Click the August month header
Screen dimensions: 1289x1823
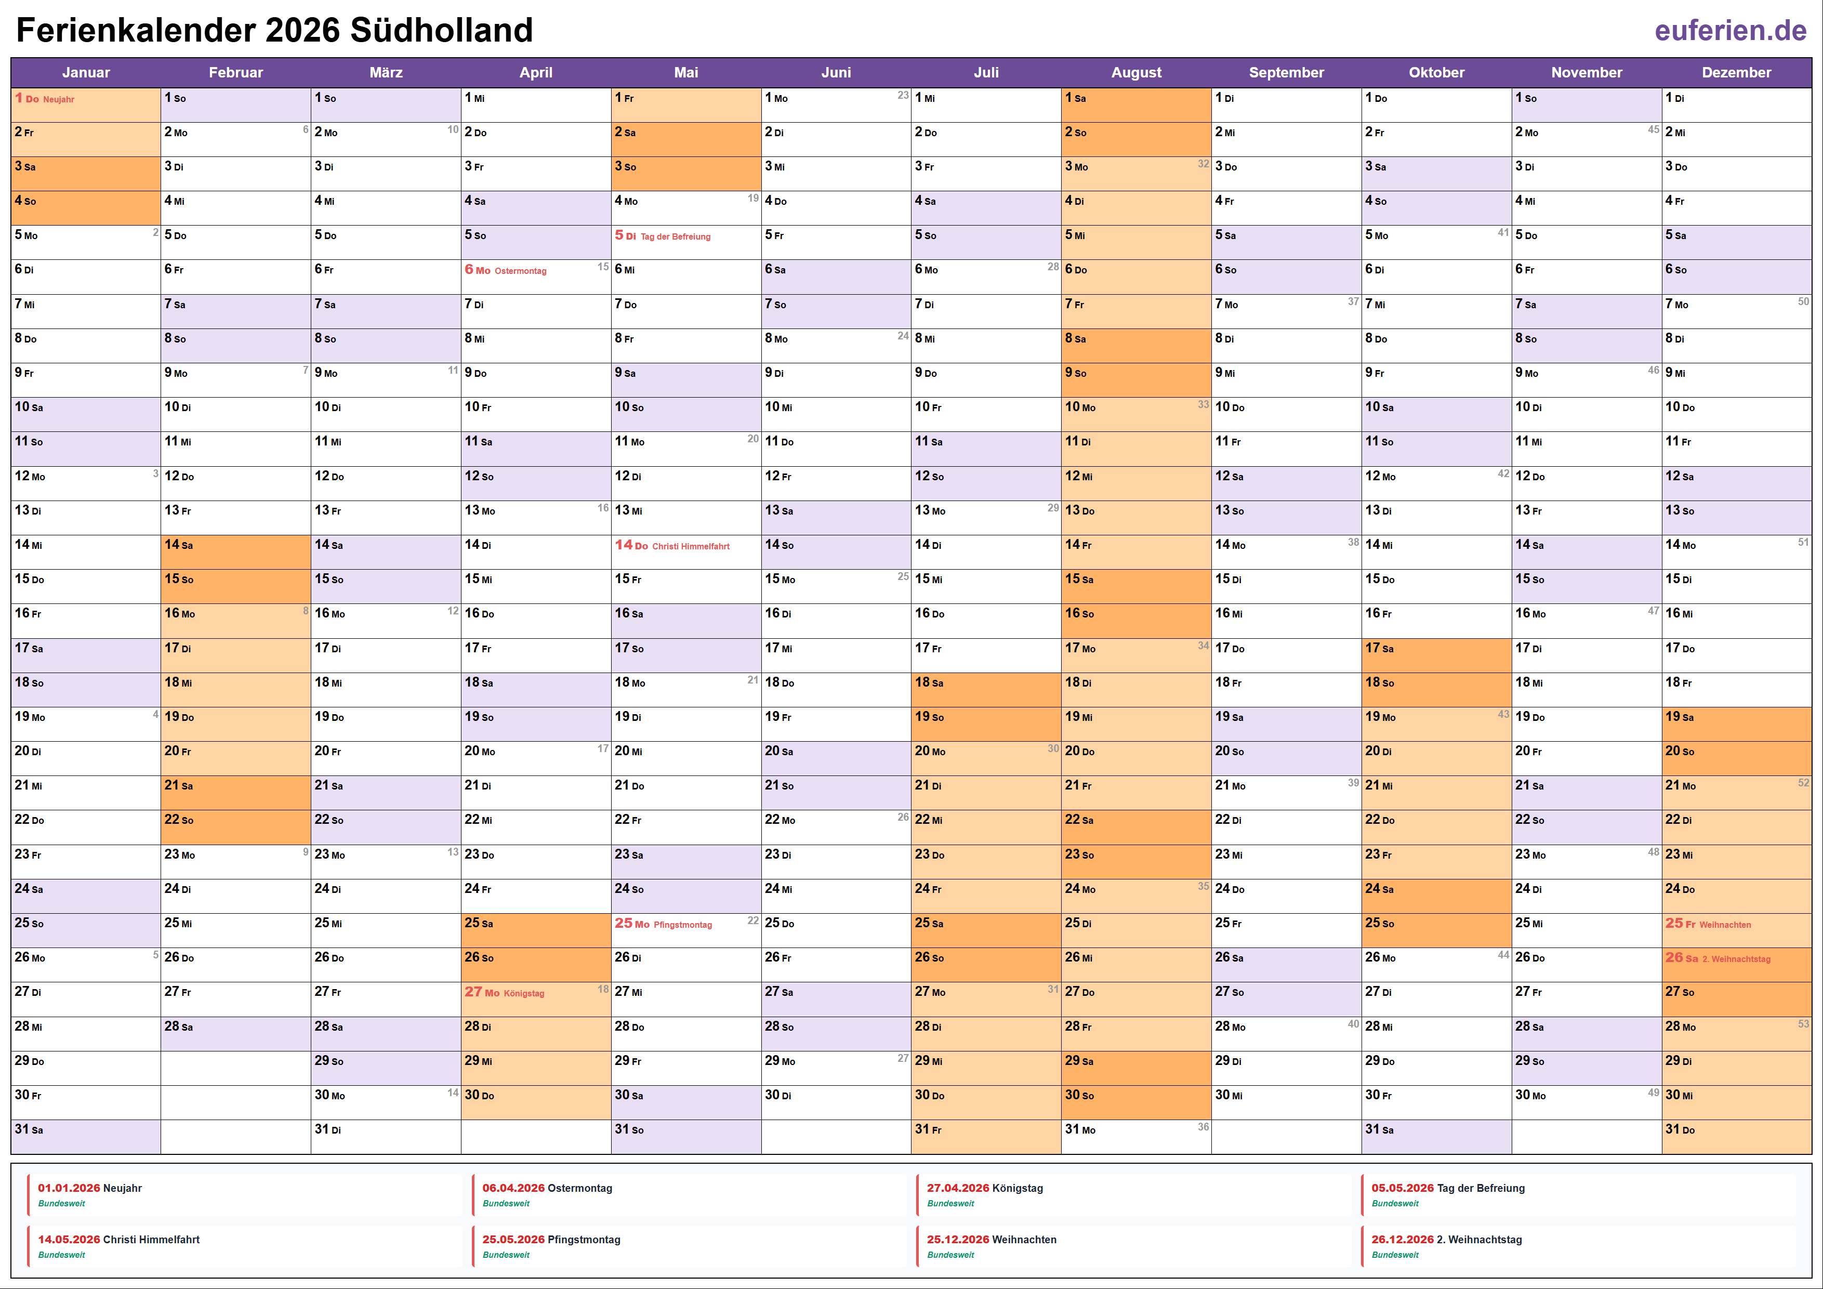tap(1135, 72)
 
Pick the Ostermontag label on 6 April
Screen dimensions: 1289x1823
tap(520, 271)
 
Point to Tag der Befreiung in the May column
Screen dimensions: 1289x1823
tap(675, 236)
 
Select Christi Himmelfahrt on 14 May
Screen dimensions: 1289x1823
tap(690, 546)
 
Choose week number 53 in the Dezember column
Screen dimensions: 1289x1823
tap(1803, 1024)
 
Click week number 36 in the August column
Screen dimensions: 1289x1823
tap(1203, 1127)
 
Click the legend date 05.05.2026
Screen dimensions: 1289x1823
tap(1402, 1188)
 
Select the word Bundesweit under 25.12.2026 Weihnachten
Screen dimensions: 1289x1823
tap(950, 1255)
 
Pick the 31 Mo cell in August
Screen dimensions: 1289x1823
tap(1135, 1129)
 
